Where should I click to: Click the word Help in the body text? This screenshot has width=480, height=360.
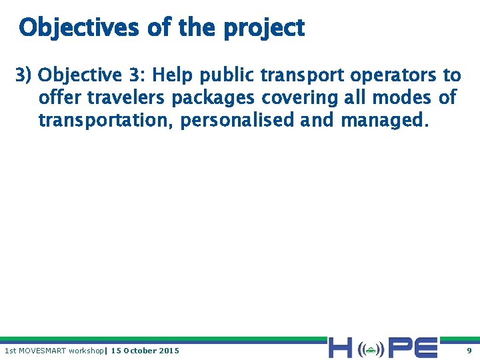click(174, 75)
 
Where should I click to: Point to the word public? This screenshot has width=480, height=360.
click(229, 75)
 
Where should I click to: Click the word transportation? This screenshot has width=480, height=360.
click(107, 120)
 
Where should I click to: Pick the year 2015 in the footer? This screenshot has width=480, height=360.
click(169, 350)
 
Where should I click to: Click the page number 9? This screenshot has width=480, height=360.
click(469, 350)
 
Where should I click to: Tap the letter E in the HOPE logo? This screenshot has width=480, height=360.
click(424, 348)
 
